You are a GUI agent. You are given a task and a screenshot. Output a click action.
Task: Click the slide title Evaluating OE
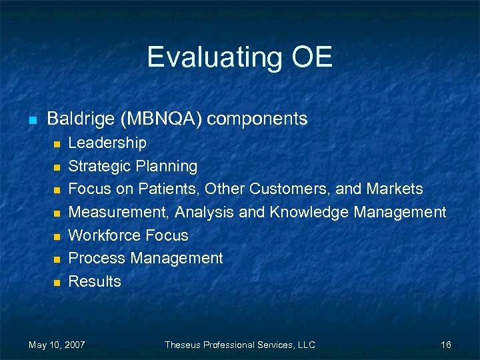[x=239, y=57]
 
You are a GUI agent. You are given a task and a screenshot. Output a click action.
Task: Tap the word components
[x=257, y=119]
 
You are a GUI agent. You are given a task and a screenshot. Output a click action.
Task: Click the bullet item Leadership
[x=107, y=143]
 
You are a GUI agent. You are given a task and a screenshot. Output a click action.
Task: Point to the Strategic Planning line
[x=133, y=166]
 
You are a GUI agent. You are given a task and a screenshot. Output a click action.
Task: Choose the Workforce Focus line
[x=128, y=235]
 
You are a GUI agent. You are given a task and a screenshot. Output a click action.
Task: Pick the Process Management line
[x=145, y=258]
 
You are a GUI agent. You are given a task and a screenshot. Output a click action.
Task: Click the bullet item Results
[x=95, y=281]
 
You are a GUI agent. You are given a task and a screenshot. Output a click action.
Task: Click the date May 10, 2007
[x=57, y=345]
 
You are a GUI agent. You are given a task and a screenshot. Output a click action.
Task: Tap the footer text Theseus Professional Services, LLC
[x=239, y=345]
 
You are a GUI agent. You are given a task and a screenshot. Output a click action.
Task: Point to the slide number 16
[x=446, y=345]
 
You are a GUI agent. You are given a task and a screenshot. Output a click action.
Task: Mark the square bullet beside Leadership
[x=57, y=144]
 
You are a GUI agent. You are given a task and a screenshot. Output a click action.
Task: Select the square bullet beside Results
[x=57, y=283]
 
